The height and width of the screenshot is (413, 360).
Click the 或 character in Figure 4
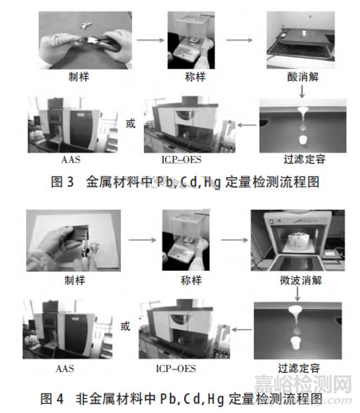pos(127,326)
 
